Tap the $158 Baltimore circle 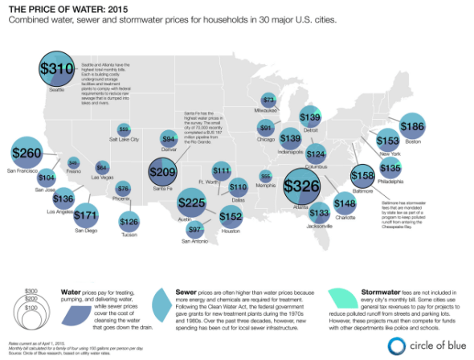pos(364,174)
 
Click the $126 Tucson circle pos(129,222)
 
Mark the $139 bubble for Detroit pos(310,117)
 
